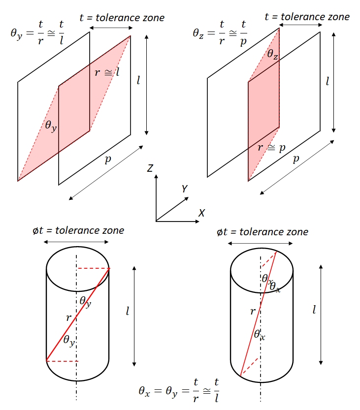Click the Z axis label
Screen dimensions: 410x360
point(150,168)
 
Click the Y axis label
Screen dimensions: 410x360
point(184,189)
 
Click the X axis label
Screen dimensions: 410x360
point(201,213)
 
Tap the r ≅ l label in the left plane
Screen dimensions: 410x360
point(107,72)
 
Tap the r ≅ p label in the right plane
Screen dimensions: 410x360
point(271,148)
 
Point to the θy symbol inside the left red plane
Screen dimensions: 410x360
point(51,126)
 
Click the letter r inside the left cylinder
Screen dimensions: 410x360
point(68,318)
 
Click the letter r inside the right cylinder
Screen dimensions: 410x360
point(253,311)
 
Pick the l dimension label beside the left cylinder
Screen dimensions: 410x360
point(128,311)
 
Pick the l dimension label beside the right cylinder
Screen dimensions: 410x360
point(314,310)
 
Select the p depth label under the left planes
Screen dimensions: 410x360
point(108,158)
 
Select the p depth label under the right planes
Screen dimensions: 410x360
point(296,158)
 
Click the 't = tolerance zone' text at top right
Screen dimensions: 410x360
point(307,17)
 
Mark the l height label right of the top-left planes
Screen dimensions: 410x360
point(138,80)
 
